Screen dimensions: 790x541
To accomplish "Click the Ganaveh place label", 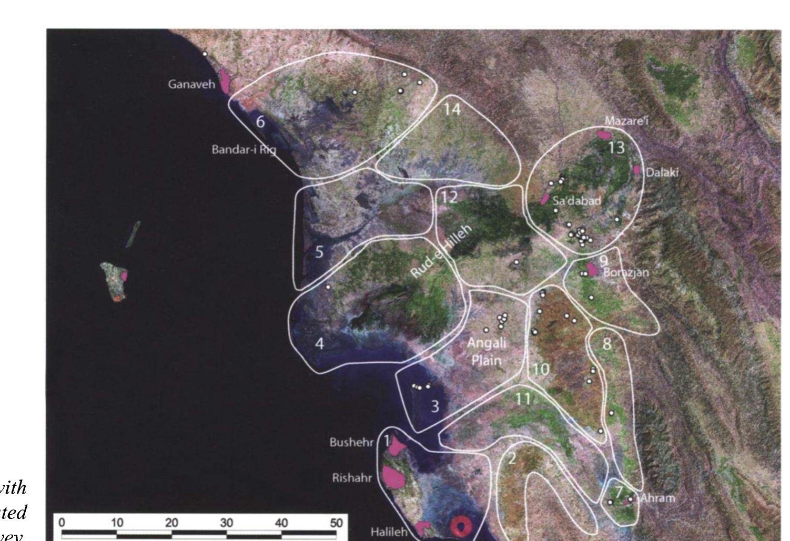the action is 191,84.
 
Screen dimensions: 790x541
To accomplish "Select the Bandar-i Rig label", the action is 244,149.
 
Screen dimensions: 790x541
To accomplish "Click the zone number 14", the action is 451,109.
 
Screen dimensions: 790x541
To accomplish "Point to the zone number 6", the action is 260,122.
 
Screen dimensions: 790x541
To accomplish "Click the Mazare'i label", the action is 626,121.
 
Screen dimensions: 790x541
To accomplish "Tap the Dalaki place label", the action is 662,172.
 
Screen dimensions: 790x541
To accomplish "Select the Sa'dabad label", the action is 576,200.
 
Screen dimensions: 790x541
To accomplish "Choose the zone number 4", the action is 319,343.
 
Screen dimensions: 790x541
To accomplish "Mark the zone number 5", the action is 319,252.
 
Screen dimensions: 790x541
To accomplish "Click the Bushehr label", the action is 351,442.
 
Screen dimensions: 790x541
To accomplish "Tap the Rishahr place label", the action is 352,478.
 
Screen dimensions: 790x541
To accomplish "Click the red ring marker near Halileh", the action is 461,525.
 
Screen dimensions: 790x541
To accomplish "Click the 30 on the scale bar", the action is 226,523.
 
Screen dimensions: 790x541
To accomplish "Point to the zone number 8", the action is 607,344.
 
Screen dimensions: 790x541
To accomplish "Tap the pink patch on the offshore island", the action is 125,275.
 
